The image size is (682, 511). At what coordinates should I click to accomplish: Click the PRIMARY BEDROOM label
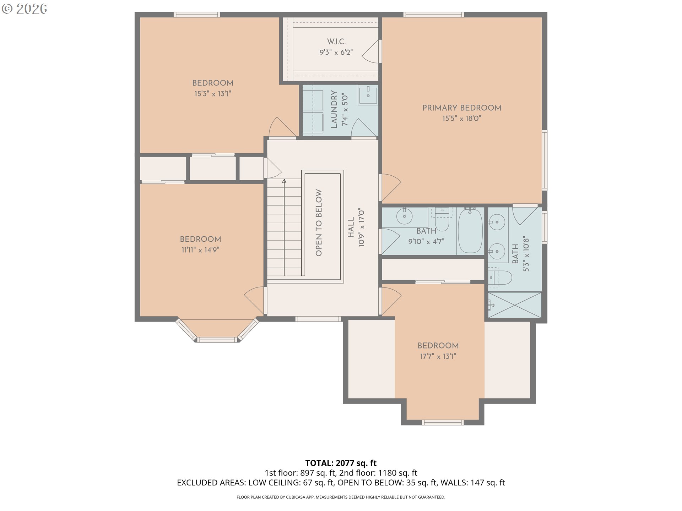(462, 108)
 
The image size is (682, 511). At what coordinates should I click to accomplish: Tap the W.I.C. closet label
(336, 42)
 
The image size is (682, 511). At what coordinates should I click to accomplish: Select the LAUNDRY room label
(334, 109)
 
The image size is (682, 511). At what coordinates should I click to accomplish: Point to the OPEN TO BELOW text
(319, 222)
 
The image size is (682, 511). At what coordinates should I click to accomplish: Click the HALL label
(351, 227)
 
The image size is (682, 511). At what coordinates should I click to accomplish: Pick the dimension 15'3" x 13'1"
(213, 94)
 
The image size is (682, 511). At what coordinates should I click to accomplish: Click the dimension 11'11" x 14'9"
(200, 250)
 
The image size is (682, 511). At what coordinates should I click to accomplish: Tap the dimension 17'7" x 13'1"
(438, 356)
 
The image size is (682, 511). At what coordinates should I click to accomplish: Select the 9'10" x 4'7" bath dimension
(426, 242)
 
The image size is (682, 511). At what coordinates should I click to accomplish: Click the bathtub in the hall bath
(470, 231)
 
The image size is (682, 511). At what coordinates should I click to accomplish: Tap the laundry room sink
(368, 95)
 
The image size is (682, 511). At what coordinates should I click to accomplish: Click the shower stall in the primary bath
(515, 305)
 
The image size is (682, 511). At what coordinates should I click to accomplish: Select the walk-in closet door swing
(370, 52)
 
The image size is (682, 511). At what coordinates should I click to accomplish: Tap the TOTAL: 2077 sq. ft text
(341, 463)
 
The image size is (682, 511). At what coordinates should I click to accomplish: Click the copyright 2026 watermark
(24, 9)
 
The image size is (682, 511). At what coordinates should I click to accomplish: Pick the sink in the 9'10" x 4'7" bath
(404, 216)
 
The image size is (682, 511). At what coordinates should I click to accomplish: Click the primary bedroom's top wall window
(433, 15)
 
